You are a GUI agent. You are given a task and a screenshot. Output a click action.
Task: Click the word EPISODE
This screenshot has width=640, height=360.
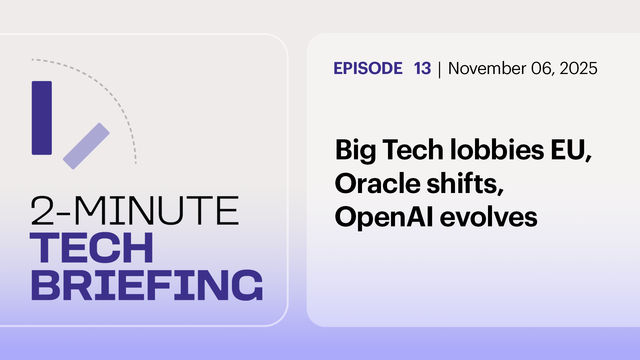coord(368,68)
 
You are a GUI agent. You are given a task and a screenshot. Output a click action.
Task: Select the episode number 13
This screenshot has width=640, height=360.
coord(422,68)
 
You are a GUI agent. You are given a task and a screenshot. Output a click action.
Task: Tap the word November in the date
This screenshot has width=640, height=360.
coord(487,68)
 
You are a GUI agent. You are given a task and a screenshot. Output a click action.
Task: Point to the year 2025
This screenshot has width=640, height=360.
coord(578,68)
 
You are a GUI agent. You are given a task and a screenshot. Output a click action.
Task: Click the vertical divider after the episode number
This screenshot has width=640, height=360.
coord(440,69)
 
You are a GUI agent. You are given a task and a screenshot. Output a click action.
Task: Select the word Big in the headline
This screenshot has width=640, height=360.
coord(355,150)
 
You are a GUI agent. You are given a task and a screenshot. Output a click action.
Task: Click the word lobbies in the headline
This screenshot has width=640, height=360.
coord(497,150)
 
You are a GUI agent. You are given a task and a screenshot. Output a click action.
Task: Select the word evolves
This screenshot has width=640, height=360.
coord(489,217)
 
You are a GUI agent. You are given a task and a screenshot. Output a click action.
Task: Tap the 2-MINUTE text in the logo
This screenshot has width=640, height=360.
coord(135,211)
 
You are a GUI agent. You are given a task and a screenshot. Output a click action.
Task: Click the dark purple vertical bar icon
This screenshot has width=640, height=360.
coord(42,118)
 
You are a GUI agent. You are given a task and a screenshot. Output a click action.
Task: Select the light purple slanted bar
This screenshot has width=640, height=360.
coord(86,146)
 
